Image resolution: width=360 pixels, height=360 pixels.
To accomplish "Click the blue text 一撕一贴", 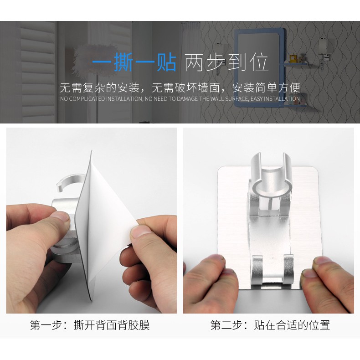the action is [x=134, y=62].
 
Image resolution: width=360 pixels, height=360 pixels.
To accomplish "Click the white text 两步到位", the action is [x=226, y=62].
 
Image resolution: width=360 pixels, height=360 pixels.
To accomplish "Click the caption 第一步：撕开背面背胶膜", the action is [x=90, y=325].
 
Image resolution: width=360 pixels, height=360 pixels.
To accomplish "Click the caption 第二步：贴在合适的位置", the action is [x=270, y=325].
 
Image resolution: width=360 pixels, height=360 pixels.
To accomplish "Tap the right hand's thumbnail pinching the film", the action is [x=140, y=231].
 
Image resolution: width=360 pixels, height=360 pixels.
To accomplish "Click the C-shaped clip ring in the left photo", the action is [x=69, y=181].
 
